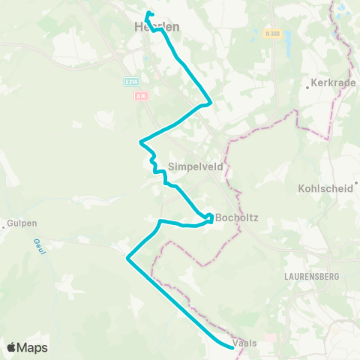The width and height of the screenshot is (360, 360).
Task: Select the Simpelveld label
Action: click(x=196, y=166)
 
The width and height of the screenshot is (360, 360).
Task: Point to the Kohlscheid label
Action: click(x=325, y=189)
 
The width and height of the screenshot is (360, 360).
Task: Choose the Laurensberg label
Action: click(x=312, y=276)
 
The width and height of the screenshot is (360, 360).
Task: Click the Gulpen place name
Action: click(x=22, y=223)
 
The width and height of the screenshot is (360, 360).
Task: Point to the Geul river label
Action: click(x=39, y=245)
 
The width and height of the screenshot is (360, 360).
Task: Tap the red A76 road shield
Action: click(x=141, y=96)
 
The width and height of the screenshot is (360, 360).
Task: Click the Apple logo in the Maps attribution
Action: click(x=11, y=347)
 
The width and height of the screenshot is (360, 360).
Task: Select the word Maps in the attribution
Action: click(x=33, y=347)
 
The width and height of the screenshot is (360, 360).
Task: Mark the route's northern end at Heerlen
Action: click(x=148, y=13)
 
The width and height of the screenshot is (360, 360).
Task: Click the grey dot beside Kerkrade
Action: click(x=308, y=87)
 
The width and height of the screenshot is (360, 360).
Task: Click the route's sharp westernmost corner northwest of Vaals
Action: click(x=127, y=259)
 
